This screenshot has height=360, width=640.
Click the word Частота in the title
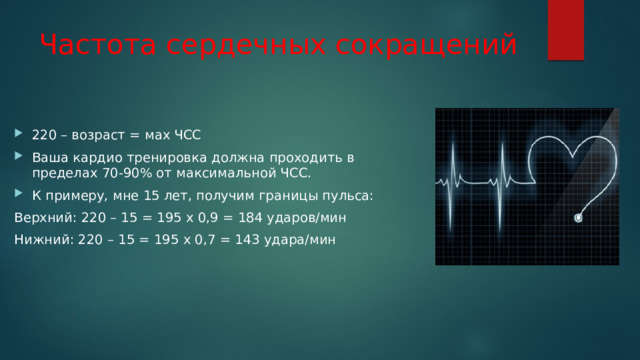coord(98,44)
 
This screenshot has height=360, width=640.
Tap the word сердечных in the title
coord(246,45)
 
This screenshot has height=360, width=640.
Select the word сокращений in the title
coord(426,45)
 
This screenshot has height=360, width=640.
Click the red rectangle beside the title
coord(566,30)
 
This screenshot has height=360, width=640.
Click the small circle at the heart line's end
coord(578,218)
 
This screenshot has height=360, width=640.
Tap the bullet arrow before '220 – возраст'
coord(18,133)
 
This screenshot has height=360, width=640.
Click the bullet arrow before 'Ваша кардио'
coord(18,156)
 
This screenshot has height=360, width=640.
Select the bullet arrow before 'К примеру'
coord(18,193)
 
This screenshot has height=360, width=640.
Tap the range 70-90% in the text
coord(127,173)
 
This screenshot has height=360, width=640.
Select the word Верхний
coord(45,218)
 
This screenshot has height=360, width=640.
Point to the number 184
coord(250,218)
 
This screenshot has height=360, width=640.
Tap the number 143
coord(247,239)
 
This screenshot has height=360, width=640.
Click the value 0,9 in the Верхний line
coord(208,218)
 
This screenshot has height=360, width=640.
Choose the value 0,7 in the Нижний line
coord(205,240)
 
